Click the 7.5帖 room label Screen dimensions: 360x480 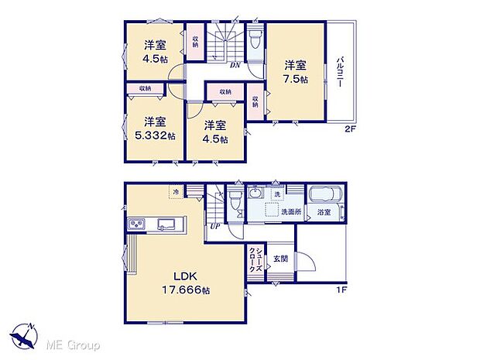[x=295, y=72]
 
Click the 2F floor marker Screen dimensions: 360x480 [x=349, y=129]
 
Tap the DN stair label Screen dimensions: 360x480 [x=234, y=65]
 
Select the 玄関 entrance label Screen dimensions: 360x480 [x=279, y=259]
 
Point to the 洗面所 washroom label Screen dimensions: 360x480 [x=291, y=211]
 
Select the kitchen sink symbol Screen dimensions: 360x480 [x=166, y=225]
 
